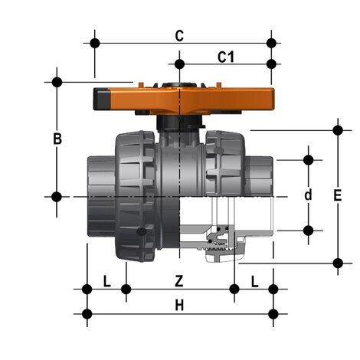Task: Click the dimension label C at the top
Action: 178,35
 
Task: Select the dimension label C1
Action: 225,56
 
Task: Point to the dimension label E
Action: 338,195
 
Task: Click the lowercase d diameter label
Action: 309,195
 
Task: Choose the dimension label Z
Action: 178,283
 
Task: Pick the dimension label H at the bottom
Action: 178,306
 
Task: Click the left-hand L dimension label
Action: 106,283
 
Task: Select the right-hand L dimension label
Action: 254,283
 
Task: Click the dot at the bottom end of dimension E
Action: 338,263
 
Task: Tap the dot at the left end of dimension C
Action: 95,42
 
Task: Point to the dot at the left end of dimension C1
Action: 178,63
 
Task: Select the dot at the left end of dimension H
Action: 87,313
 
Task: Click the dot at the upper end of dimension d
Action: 309,160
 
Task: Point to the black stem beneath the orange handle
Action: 178,124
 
